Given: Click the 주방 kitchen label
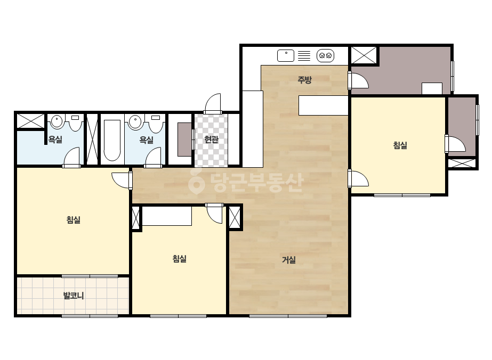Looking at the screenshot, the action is [x=304, y=80].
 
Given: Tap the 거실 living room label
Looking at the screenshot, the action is [x=289, y=260].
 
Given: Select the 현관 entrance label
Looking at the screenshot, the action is [x=211, y=139].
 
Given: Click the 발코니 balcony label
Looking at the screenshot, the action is [x=74, y=296].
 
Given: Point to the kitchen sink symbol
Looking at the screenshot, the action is [x=286, y=56].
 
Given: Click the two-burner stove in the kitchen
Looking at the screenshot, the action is [x=325, y=56].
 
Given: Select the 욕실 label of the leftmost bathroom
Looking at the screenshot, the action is [x=55, y=140].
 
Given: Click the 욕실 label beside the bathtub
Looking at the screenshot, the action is [x=146, y=140].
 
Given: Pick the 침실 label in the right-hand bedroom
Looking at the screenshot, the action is [x=400, y=145].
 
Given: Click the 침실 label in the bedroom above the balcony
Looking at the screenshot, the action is [x=74, y=219].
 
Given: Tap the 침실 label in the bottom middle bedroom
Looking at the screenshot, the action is [x=180, y=259].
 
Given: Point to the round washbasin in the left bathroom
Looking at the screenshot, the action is [x=57, y=121].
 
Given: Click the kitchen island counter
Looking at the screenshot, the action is [x=324, y=105].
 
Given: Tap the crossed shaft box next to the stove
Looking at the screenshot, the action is [x=364, y=55].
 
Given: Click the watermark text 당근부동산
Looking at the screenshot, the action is [x=246, y=183].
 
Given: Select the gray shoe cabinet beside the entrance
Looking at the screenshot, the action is [x=184, y=139].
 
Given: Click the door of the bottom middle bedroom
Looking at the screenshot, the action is [x=215, y=213].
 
